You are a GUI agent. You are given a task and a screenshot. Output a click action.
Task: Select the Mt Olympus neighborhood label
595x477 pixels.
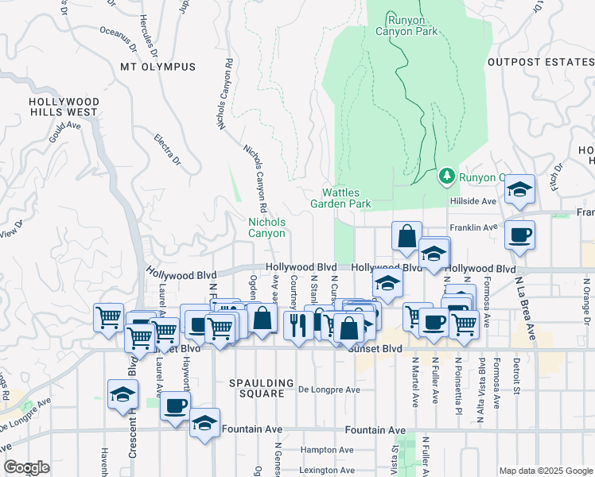[x=157, y=67]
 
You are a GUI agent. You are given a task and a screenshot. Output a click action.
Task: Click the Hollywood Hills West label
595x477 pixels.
[x=64, y=107]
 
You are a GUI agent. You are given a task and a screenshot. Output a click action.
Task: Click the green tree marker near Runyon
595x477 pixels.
[x=448, y=175]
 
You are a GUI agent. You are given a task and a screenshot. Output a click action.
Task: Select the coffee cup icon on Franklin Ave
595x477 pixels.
[x=519, y=235]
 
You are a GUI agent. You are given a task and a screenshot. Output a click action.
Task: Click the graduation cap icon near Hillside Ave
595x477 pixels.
[x=519, y=189]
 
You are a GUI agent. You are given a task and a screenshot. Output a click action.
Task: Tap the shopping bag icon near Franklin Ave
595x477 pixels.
[x=406, y=236]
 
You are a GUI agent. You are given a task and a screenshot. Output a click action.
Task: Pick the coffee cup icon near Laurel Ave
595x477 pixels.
[x=175, y=406]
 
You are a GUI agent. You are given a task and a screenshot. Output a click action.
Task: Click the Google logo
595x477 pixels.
[x=26, y=468]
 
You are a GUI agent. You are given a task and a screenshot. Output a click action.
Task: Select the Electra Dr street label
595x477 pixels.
[x=168, y=152]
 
